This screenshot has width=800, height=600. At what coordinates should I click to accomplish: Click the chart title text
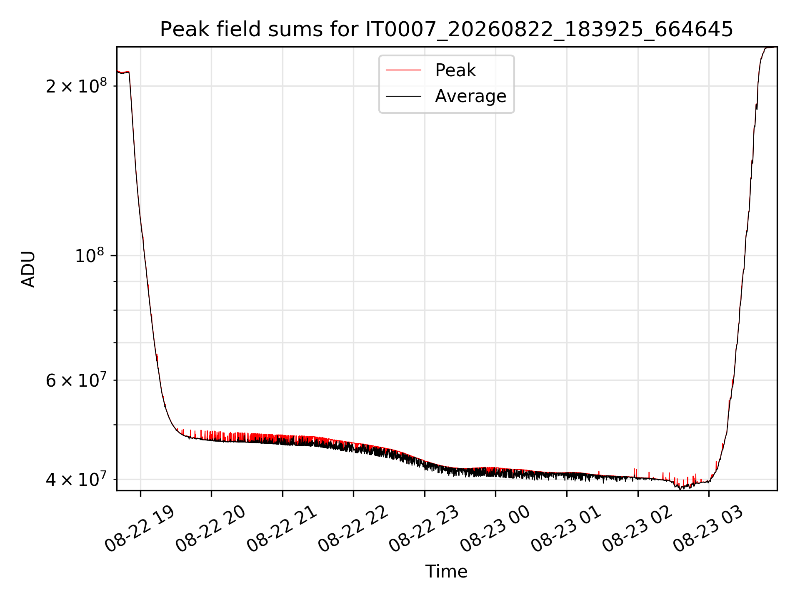click(x=446, y=30)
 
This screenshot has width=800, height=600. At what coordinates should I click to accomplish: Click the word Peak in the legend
click(x=455, y=70)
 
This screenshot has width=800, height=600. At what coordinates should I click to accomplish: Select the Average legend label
click(x=470, y=96)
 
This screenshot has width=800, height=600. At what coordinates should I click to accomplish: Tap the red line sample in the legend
click(x=403, y=70)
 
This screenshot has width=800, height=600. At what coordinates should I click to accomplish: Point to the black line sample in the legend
click(x=403, y=96)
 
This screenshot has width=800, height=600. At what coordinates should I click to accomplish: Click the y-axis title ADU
click(x=28, y=269)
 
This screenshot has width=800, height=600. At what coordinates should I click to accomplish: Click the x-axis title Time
click(x=446, y=572)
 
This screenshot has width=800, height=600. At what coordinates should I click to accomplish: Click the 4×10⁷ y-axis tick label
click(x=76, y=479)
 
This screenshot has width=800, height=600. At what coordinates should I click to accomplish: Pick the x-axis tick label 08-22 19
click(x=140, y=529)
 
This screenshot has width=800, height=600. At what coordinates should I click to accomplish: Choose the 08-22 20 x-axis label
click(x=211, y=529)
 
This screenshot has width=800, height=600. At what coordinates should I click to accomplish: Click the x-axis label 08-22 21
click(x=282, y=529)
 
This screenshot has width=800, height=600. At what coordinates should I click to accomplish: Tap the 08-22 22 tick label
click(x=353, y=529)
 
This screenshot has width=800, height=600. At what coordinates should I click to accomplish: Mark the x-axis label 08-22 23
click(x=424, y=529)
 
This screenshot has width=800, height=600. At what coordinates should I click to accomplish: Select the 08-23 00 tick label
click(x=495, y=529)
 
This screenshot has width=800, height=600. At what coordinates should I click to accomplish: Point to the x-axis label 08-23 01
click(x=567, y=529)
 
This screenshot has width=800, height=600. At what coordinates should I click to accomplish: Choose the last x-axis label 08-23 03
click(x=709, y=529)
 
